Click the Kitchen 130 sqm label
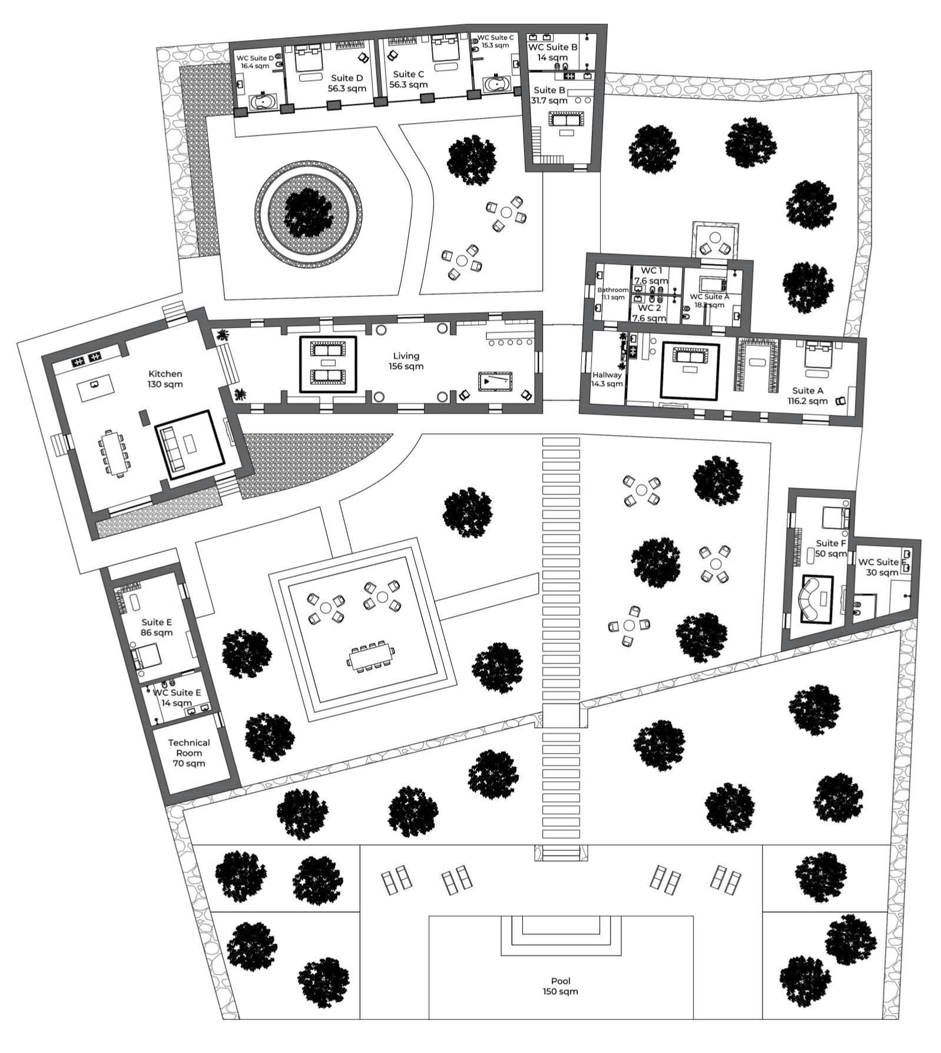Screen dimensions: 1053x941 point(165,379)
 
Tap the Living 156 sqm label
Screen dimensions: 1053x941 point(406,361)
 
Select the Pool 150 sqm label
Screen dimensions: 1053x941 point(560,986)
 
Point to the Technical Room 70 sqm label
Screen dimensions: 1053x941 point(188,752)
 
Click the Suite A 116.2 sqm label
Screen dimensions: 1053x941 point(810,395)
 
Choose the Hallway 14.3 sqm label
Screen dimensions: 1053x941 point(607,379)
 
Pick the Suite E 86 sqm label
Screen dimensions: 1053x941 point(157,627)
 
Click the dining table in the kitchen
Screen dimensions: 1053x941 point(114,453)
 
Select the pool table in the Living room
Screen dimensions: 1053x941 point(495,381)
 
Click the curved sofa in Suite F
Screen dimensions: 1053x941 point(816,599)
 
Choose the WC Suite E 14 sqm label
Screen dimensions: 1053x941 point(177,697)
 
